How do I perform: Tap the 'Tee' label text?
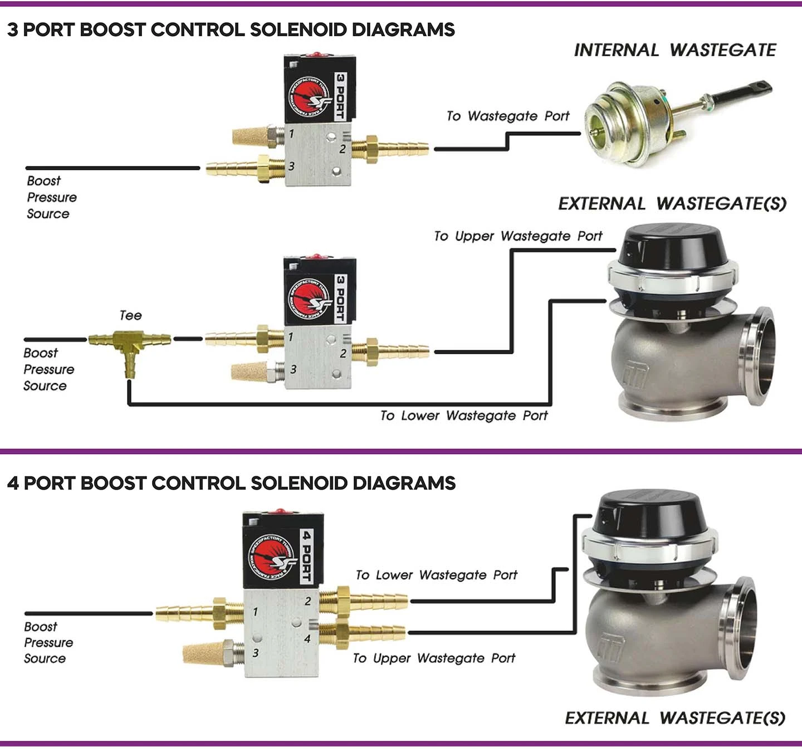pyautogui.click(x=130, y=315)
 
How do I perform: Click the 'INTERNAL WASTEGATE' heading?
pyautogui.click(x=674, y=50)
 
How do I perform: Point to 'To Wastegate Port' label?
pyautogui.click(x=507, y=116)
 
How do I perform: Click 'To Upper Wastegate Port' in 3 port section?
pyautogui.click(x=518, y=236)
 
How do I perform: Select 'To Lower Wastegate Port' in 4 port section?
pyautogui.click(x=436, y=575)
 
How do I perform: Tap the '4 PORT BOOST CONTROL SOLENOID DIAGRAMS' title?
pyautogui.click(x=231, y=483)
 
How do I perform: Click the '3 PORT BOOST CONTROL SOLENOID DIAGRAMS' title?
pyautogui.click(x=231, y=30)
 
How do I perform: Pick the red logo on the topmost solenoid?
pyautogui.click(x=310, y=96)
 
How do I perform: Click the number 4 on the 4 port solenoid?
pyautogui.click(x=307, y=639)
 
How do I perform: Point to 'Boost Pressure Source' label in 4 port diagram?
pyautogui.click(x=48, y=642)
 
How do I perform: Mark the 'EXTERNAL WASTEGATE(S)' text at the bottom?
pyautogui.click(x=674, y=718)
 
